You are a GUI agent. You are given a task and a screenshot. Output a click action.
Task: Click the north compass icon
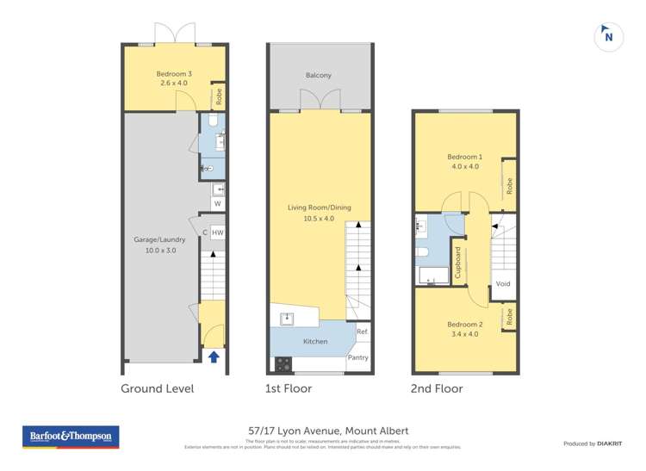(609, 36)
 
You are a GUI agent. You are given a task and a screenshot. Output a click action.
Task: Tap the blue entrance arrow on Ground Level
(214, 356)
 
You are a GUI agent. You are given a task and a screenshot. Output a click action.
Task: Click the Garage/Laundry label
(160, 245)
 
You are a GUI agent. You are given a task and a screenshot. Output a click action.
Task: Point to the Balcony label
(319, 76)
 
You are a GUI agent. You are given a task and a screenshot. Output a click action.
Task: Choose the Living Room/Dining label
(320, 212)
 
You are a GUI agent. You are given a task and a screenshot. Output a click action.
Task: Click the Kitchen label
(315, 342)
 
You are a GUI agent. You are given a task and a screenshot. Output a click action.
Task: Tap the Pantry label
(358, 357)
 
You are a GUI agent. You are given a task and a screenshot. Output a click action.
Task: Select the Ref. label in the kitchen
(363, 332)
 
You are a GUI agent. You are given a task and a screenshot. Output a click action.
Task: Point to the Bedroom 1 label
(465, 161)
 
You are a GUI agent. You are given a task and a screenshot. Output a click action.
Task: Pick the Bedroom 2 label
(465, 329)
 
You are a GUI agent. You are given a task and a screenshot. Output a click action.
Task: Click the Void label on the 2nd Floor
(503, 284)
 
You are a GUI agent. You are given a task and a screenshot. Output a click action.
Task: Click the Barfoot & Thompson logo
(71, 437)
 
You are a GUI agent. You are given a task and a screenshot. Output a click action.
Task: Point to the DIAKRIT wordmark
(609, 443)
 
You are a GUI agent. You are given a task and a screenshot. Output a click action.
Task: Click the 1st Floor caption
(289, 388)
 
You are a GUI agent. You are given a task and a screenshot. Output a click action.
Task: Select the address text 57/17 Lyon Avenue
(323, 431)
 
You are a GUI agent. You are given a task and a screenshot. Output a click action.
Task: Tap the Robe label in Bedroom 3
(219, 97)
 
